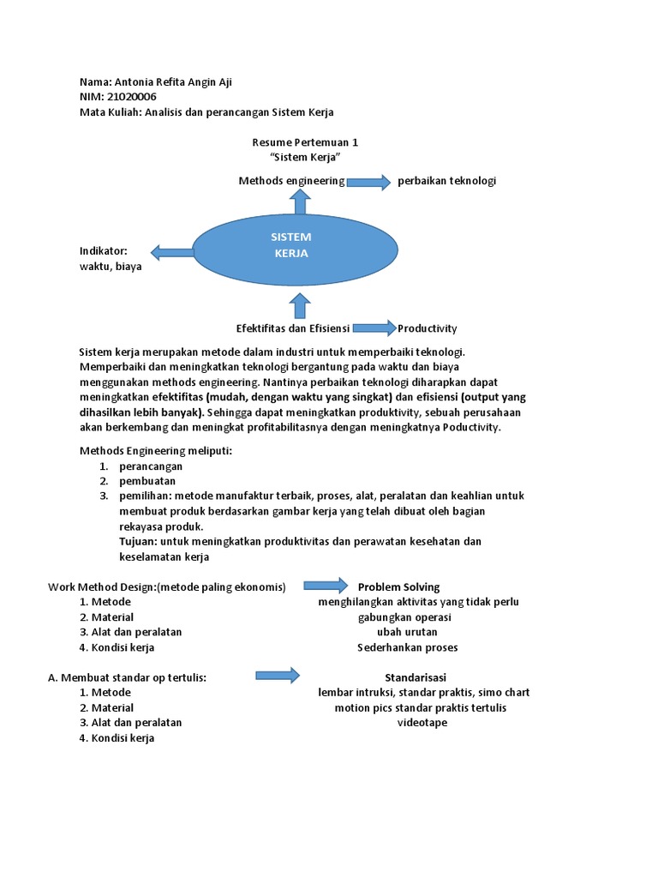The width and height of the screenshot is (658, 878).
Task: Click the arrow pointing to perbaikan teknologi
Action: (368, 182)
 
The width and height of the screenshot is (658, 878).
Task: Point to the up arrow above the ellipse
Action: (300, 202)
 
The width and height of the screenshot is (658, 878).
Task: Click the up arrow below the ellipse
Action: (300, 305)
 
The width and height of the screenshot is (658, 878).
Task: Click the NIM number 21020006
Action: (132, 97)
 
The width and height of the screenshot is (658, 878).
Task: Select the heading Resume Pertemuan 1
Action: (305, 142)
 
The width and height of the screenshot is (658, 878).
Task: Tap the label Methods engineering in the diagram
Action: (291, 181)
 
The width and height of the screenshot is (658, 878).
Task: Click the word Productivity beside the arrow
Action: (428, 328)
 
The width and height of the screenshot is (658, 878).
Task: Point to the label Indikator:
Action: (103, 251)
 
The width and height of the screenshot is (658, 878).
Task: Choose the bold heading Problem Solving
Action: (398, 587)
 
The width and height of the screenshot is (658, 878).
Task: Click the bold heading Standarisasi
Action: (416, 677)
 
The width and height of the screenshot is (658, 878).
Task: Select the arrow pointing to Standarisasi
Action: (278, 676)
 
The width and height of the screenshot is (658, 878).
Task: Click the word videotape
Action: (422, 723)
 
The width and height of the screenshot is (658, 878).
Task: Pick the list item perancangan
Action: (151, 466)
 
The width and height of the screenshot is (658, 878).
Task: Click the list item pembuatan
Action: (147, 481)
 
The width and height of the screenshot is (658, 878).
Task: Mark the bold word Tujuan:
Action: (139, 542)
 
